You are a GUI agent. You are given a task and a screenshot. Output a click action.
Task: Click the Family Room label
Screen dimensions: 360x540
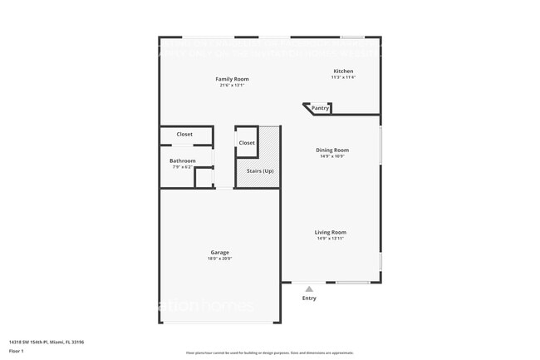[234, 79]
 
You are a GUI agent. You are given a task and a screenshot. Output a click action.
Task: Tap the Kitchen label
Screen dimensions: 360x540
[343, 72]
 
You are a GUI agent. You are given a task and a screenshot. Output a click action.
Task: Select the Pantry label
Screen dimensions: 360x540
[320, 108]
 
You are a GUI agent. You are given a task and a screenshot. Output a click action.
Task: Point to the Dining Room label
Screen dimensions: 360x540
[331, 150]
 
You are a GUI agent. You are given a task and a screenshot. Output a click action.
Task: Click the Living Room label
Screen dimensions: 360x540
[330, 232]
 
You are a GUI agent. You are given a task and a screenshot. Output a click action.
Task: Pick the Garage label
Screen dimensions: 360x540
[219, 252]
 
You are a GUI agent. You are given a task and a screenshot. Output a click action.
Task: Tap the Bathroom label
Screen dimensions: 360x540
[182, 160]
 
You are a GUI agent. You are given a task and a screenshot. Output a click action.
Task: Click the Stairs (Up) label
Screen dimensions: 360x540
[260, 170]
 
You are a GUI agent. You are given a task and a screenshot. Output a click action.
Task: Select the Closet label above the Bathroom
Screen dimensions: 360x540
[184, 134]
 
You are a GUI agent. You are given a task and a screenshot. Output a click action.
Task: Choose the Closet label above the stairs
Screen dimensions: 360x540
[247, 143]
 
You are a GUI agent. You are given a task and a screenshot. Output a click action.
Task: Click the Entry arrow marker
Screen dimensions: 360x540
[309, 288]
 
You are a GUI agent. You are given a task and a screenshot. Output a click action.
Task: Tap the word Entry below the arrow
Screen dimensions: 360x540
[309, 298]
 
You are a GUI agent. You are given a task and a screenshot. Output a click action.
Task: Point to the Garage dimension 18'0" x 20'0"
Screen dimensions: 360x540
[219, 259]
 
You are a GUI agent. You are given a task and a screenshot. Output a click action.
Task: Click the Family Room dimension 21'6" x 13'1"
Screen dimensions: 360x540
[234, 85]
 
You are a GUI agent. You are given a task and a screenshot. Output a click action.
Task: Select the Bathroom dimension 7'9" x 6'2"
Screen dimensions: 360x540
[182, 167]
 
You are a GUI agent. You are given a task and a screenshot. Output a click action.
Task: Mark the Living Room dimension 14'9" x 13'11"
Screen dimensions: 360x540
[330, 239]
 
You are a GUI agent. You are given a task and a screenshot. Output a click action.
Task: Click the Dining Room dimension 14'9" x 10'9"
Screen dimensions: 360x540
[331, 156]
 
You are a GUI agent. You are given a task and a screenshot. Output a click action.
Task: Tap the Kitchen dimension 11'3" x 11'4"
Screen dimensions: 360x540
[343, 77]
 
